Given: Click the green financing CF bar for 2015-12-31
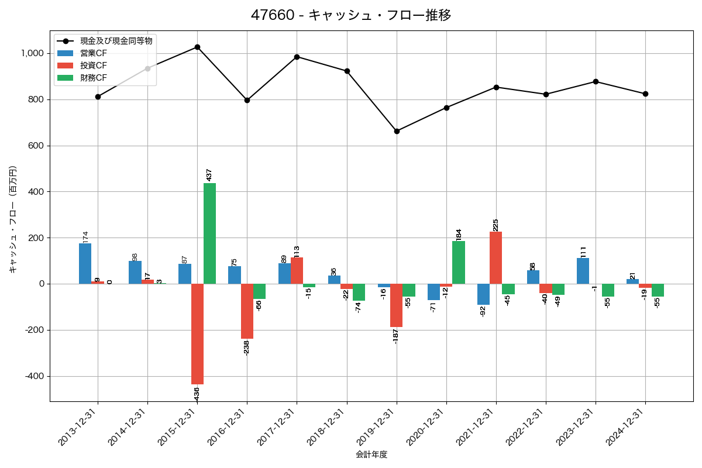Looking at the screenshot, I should coord(209,233).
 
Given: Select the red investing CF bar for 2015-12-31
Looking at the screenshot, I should coord(197,333).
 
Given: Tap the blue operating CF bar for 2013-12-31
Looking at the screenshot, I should coord(85,263).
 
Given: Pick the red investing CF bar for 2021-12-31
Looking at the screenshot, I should coord(496,257).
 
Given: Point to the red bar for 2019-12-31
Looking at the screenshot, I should coord(397,305).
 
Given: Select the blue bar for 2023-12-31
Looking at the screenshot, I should coord(583,271).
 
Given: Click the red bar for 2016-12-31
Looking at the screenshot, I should coord(247,311).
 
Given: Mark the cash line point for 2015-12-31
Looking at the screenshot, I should coord(197,47).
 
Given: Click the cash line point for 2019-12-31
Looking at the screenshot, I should coord(397,131).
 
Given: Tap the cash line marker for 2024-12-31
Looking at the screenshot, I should coord(645,94).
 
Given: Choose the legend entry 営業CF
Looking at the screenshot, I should coord(94,53).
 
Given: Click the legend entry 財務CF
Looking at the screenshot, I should coord(94,77).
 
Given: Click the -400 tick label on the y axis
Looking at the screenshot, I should coord(33,376).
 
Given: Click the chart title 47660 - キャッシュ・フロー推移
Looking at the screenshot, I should coord(351,15).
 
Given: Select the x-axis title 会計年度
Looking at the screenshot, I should coord(371,455).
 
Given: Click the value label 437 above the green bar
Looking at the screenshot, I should coord(209,174).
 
